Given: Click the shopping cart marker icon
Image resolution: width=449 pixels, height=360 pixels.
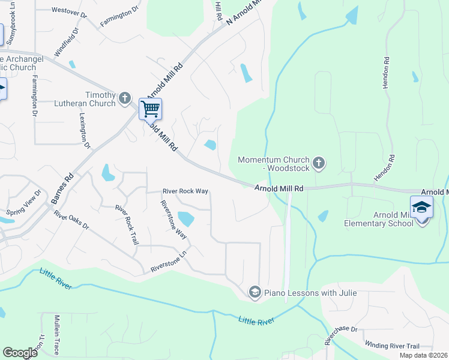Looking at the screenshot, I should [x=150, y=109].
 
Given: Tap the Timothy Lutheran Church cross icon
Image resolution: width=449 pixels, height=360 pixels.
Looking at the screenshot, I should [x=125, y=98].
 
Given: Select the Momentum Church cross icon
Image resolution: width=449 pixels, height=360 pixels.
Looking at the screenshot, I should [x=319, y=162].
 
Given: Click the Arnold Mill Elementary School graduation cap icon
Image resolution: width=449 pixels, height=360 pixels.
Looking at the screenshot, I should [x=421, y=207].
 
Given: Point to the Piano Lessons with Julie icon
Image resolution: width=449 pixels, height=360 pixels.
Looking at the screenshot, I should [x=255, y=292].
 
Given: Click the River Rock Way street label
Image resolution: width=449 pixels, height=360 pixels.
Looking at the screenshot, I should [x=185, y=191].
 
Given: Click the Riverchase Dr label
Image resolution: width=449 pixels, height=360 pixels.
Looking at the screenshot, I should [x=342, y=337].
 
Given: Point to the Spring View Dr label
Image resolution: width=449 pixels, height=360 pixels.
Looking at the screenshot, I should [x=24, y=203].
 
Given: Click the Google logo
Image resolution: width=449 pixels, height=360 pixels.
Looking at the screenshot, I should [x=20, y=352].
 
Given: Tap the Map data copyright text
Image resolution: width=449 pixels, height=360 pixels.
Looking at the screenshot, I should [x=423, y=355].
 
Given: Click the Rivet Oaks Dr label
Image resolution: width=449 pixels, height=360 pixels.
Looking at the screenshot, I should [x=71, y=220].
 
